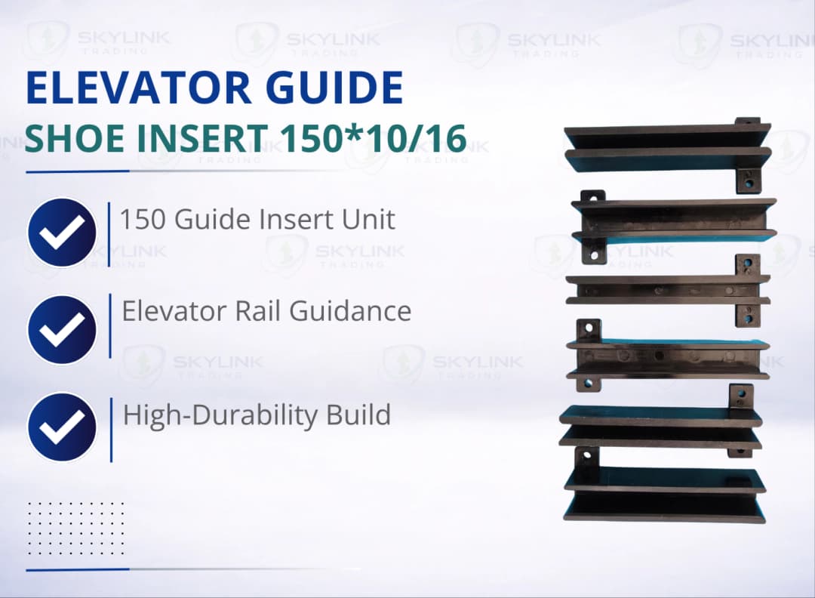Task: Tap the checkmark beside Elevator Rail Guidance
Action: pyautogui.click(x=62, y=329)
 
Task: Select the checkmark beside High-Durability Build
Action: pyautogui.click(x=62, y=427)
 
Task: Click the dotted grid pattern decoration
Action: pyautogui.click(x=75, y=527)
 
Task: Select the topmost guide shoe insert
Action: pyautogui.click(x=667, y=148)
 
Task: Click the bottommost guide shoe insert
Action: pyautogui.click(x=664, y=494)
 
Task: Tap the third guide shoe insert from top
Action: pyautogui.click(x=668, y=290)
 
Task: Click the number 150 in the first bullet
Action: pyautogui.click(x=142, y=220)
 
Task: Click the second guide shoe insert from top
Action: pyautogui.click(x=673, y=220)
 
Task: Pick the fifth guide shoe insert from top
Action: pyautogui.click(x=661, y=426)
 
